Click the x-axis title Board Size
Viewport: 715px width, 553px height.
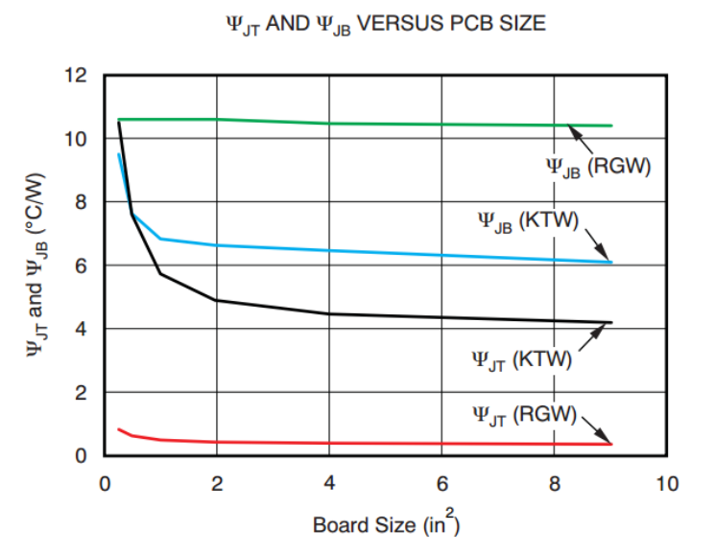385,525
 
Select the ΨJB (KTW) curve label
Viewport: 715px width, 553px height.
530,221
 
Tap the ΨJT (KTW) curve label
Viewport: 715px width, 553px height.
522,360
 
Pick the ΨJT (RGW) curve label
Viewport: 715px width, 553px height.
524,415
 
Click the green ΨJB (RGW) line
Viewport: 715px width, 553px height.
384,123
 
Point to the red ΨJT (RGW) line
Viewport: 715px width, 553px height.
384,443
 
